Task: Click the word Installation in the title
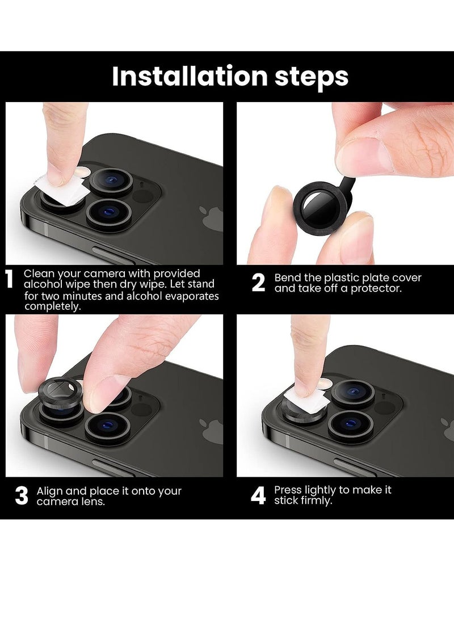[x=190, y=76]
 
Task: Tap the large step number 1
[x=9, y=281]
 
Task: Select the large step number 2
[x=258, y=283]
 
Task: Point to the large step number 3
[x=22, y=495]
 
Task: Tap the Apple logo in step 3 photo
[x=212, y=431]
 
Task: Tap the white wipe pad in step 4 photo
[x=305, y=399]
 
